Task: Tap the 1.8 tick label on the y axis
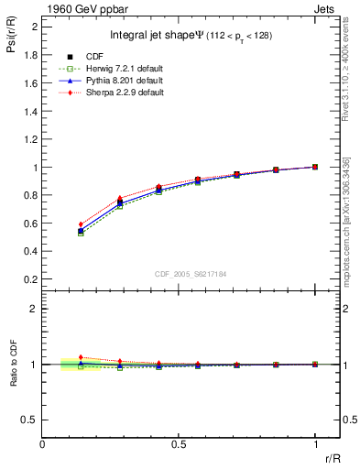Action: pos(30,55)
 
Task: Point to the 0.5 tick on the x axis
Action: pos(179,445)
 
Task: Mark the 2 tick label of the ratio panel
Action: pos(34,309)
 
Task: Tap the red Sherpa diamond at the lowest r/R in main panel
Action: pos(81,224)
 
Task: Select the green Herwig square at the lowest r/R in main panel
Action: pos(81,234)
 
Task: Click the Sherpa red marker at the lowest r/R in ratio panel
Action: pos(81,357)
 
